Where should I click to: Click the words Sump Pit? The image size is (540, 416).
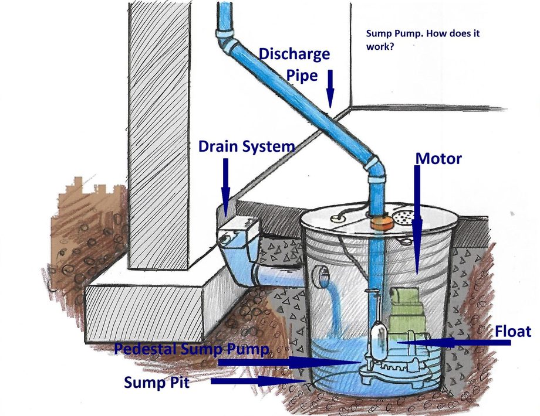(x=158, y=382)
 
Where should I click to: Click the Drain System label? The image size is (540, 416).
(x=246, y=146)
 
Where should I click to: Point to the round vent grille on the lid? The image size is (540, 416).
(x=404, y=217)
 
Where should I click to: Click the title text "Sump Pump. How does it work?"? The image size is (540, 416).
(x=422, y=40)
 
